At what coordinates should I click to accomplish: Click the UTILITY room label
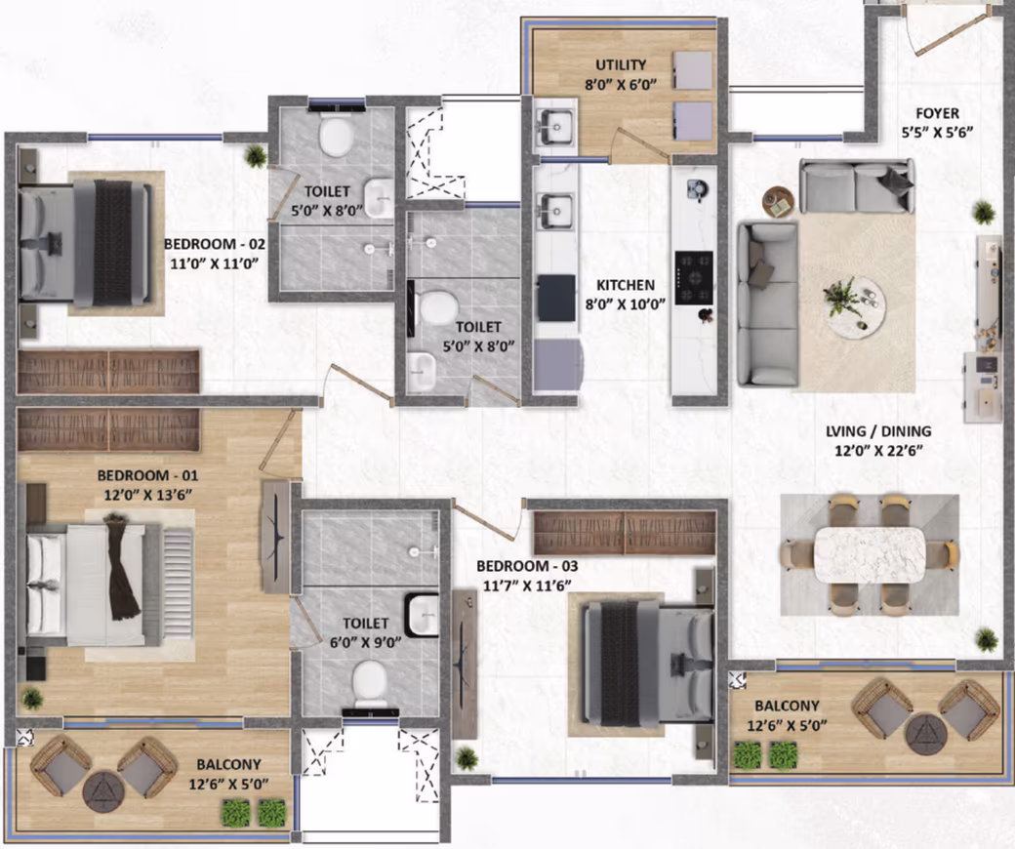tap(621, 64)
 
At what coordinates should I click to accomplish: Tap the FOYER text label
tap(937, 113)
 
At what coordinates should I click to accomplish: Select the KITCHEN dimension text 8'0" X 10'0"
tap(626, 303)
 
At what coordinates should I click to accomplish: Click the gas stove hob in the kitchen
tap(694, 277)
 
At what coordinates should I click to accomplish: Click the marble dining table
tap(870, 556)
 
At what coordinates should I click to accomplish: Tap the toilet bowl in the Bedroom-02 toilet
tap(337, 137)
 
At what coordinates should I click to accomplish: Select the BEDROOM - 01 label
tap(147, 475)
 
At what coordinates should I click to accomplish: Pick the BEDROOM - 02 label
tap(215, 244)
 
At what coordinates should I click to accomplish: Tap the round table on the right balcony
tap(926, 734)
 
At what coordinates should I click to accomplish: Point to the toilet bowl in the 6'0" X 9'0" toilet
tap(370, 685)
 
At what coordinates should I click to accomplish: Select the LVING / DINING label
tap(878, 431)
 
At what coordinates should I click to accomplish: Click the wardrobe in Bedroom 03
tap(625, 533)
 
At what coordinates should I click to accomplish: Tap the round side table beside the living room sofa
tap(779, 203)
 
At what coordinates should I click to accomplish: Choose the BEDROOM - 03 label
tap(527, 566)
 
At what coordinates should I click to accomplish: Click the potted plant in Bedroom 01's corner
tap(31, 699)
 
